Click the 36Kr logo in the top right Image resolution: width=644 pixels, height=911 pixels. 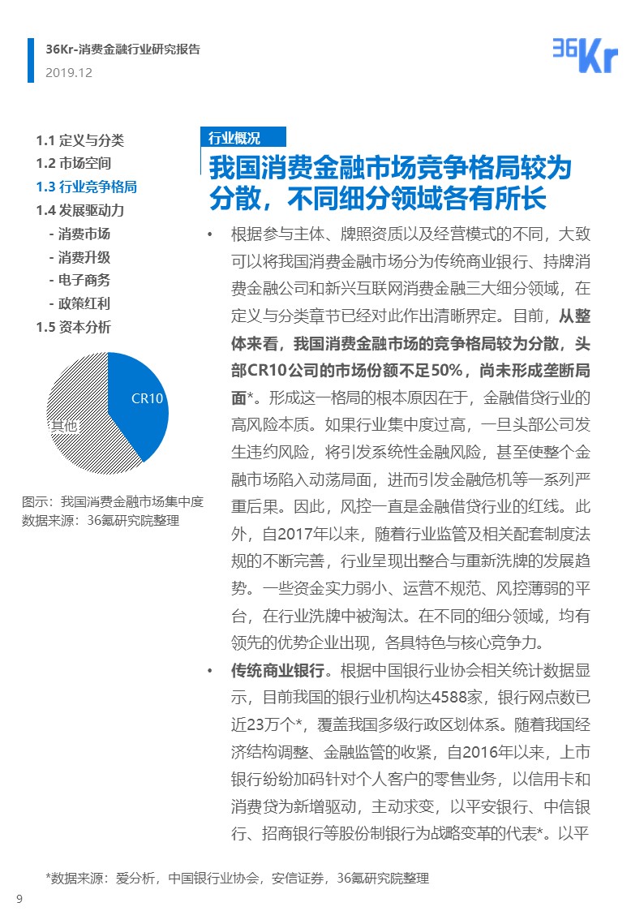tap(584, 54)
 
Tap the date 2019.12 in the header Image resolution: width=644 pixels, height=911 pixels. tap(69, 72)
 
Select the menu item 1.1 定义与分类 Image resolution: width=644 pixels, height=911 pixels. tap(79, 140)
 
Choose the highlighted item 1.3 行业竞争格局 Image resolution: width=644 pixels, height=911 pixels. tap(86, 187)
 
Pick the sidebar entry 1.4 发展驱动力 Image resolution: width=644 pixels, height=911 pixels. tap(85, 210)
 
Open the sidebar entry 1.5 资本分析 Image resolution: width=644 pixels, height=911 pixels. tap(74, 327)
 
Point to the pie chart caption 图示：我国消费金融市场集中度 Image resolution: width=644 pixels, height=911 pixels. tap(113, 502)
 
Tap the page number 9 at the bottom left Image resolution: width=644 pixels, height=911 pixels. tap(19, 897)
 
